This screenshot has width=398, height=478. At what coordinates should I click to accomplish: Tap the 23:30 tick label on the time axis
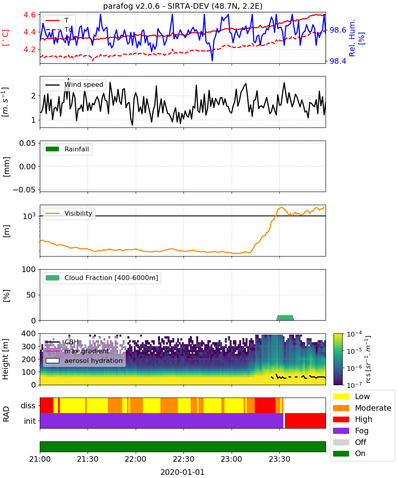(279, 459)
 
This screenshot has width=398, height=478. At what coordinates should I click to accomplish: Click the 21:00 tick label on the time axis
(40, 459)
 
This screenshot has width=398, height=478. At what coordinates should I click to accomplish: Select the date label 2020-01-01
(183, 472)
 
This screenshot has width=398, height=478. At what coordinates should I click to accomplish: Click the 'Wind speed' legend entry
(84, 85)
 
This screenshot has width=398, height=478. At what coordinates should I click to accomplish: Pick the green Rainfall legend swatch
(53, 149)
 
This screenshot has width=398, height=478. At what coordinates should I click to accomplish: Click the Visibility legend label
(78, 213)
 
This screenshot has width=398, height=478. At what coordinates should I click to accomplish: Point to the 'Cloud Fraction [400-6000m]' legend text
(111, 278)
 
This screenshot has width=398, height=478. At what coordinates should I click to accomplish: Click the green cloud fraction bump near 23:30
(285, 318)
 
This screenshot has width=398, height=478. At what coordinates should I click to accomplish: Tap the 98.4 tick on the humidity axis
(338, 61)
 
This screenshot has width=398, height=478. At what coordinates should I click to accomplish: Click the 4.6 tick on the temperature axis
(30, 15)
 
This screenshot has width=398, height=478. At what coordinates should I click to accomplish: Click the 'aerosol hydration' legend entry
(94, 360)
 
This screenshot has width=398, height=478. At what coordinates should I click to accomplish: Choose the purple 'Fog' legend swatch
(341, 431)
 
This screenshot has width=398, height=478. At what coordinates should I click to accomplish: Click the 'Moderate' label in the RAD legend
(373, 408)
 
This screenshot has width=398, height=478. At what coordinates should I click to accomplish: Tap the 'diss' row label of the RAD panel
(28, 406)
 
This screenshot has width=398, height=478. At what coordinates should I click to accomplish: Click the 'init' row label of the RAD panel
(30, 421)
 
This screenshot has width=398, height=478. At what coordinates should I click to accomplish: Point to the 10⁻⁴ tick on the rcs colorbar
(354, 334)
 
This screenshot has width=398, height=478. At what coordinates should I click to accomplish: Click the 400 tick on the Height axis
(29, 333)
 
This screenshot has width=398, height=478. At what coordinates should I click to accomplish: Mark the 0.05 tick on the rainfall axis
(28, 143)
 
